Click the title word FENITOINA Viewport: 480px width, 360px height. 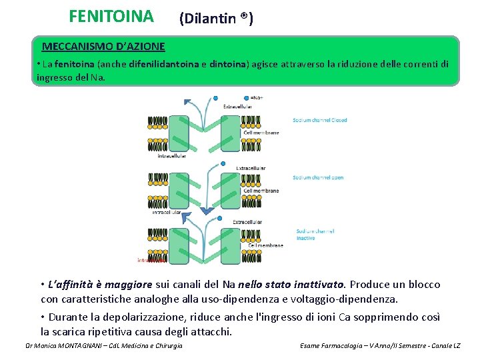[x=111, y=15]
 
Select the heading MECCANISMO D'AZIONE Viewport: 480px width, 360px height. [x=103, y=47]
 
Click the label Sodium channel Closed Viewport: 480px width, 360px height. [x=319, y=120]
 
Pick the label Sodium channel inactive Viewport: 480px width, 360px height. [x=315, y=234]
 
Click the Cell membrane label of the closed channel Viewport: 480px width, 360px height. [x=261, y=133]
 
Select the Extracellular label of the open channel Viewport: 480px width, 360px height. [x=251, y=168]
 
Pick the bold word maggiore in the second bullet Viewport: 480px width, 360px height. [x=130, y=285]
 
